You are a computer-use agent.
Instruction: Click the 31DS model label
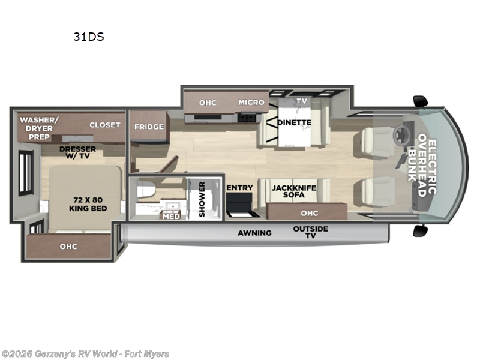(x=89, y=37)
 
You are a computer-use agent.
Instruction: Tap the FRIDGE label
(x=148, y=127)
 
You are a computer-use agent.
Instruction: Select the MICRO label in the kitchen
(x=251, y=102)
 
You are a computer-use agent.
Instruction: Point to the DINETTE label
(x=294, y=122)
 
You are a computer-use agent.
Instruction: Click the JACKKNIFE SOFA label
(x=293, y=191)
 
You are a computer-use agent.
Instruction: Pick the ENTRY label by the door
(x=239, y=188)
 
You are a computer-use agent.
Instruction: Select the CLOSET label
(x=105, y=125)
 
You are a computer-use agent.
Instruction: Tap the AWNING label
(x=254, y=233)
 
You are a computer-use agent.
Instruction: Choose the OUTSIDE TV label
(x=310, y=232)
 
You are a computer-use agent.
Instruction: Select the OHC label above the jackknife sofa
(x=310, y=212)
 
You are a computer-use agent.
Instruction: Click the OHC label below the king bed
(x=68, y=246)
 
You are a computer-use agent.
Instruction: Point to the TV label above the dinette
(x=302, y=101)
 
